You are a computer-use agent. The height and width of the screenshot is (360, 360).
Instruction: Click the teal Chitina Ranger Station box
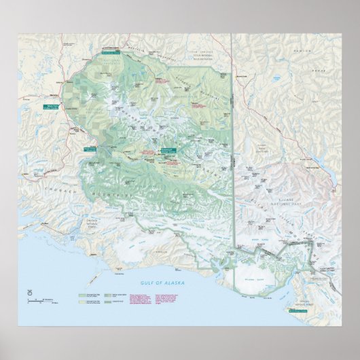tap(89, 148)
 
